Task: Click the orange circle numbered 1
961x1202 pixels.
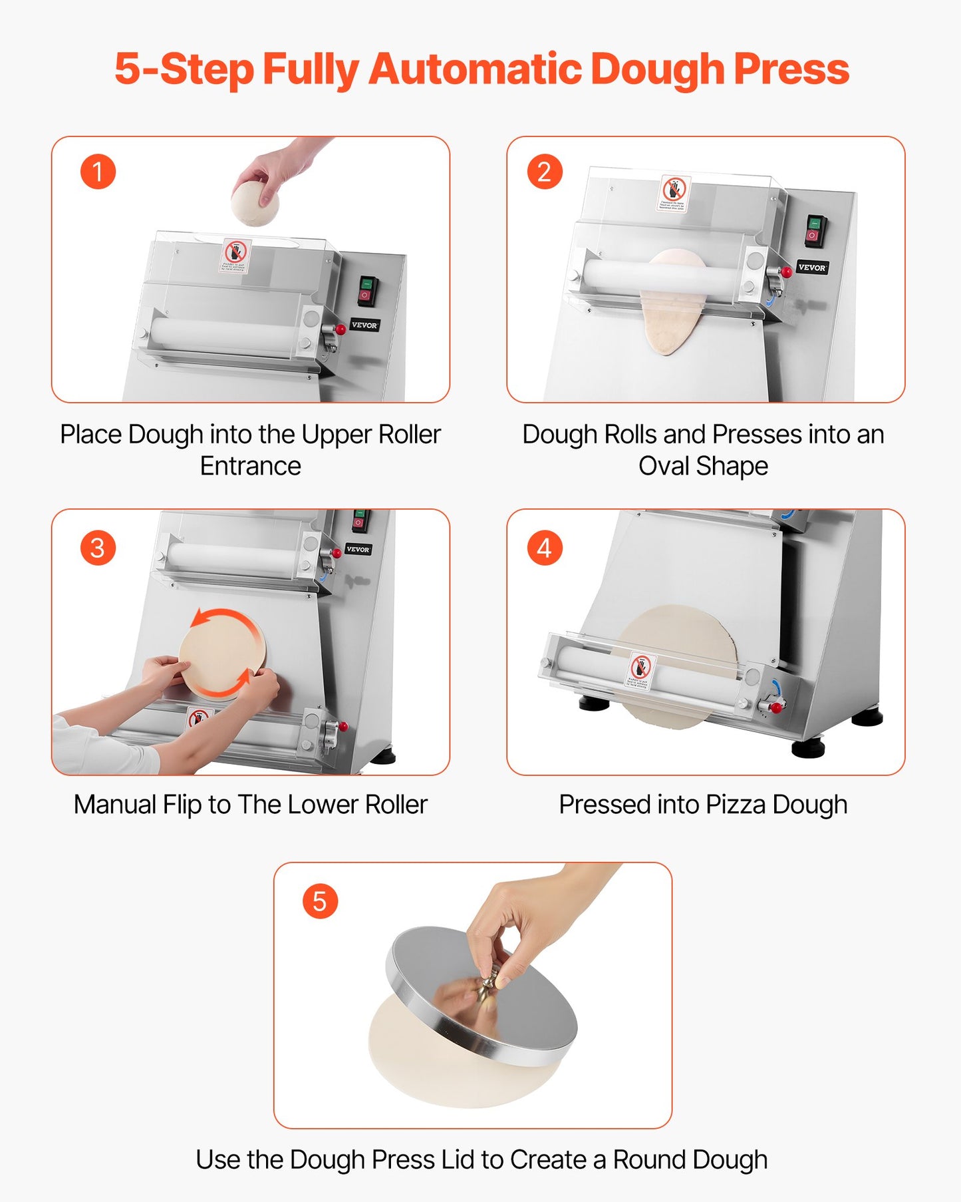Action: pyautogui.click(x=98, y=172)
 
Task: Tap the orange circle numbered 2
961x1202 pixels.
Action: pyautogui.click(x=545, y=172)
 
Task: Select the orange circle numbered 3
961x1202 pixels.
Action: pyautogui.click(x=98, y=548)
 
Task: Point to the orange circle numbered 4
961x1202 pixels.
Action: pyautogui.click(x=545, y=548)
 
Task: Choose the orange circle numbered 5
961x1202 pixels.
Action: pyautogui.click(x=320, y=901)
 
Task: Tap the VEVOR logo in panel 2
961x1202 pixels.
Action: pyautogui.click(x=811, y=268)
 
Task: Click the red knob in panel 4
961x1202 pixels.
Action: pyautogui.click(x=775, y=707)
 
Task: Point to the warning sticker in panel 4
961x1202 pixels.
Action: pyautogui.click(x=641, y=671)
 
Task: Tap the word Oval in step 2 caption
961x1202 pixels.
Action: pyautogui.click(x=663, y=466)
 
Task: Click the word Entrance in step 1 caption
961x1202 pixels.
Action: pyautogui.click(x=251, y=466)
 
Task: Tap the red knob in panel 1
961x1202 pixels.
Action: pyautogui.click(x=341, y=329)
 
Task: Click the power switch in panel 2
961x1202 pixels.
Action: pyautogui.click(x=815, y=228)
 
